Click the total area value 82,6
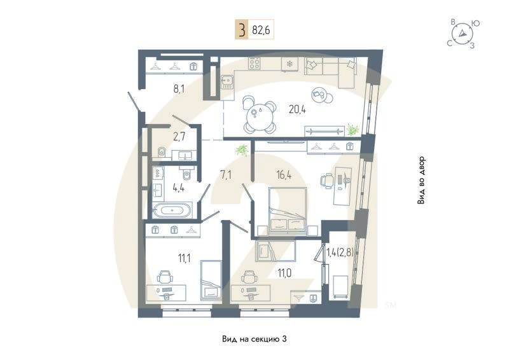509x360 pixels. tap(261, 29)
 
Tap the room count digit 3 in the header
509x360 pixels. tap(242, 29)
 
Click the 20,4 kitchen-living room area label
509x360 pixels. tap(297, 109)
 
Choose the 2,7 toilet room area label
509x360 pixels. tap(179, 135)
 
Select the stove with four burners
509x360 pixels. tap(255, 64)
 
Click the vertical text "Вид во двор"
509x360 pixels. tap(421, 180)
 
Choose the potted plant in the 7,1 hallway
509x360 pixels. tap(241, 150)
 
